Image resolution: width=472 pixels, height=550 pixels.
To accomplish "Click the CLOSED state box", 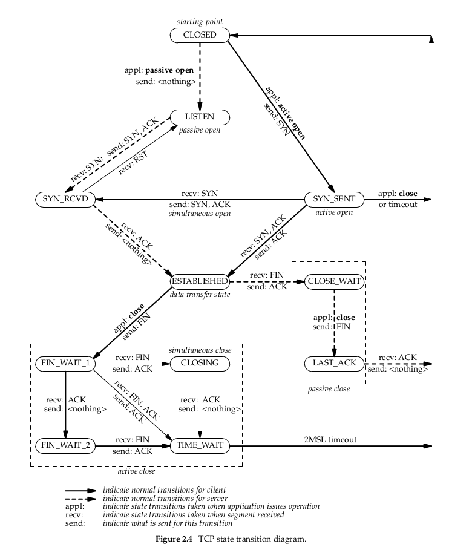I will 200,36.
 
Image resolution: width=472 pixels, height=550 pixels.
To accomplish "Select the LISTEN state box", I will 199,116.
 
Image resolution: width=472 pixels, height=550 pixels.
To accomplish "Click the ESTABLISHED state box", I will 199,281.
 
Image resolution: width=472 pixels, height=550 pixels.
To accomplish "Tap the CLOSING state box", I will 199,364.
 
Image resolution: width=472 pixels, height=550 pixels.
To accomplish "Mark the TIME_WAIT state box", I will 199,447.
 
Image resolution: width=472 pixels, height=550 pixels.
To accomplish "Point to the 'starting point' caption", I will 199,22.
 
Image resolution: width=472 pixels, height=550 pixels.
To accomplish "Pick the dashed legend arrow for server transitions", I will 81,498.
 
